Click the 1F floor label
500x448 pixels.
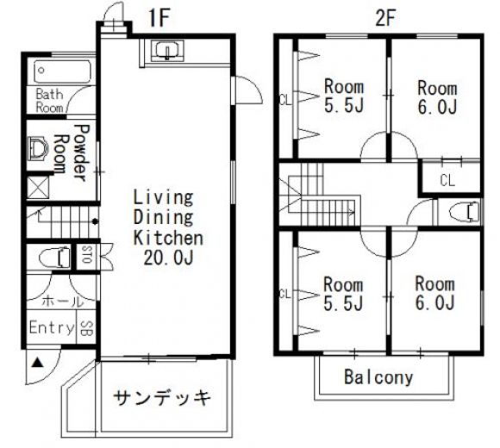(x=159, y=18)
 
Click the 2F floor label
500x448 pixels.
(x=385, y=18)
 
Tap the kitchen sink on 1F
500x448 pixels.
(x=167, y=51)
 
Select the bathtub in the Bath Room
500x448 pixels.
(x=62, y=72)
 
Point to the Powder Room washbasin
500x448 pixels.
(x=38, y=148)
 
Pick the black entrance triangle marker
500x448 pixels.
(x=38, y=363)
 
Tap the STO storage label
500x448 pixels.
(x=86, y=253)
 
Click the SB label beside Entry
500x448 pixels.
(x=86, y=328)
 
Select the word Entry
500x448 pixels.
(x=52, y=327)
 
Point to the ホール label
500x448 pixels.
(x=62, y=301)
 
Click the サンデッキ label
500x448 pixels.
(x=162, y=398)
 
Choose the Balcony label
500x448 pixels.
(x=378, y=377)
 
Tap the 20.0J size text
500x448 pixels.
(x=168, y=258)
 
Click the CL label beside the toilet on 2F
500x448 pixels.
(x=447, y=181)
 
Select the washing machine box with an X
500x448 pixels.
(x=38, y=187)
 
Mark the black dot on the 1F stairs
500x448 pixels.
(x=95, y=221)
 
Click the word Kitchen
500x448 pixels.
(x=168, y=238)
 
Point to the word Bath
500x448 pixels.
(x=49, y=94)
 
